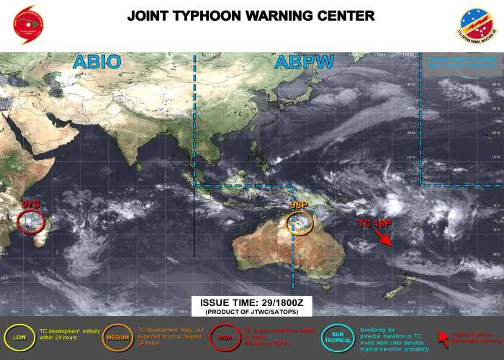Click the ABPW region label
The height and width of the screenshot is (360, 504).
click(x=305, y=62)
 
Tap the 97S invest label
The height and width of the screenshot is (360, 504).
click(x=31, y=205)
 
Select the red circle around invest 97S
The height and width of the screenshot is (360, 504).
click(x=31, y=219)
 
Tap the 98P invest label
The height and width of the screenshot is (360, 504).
click(x=300, y=205)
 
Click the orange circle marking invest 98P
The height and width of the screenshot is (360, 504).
click(x=300, y=222)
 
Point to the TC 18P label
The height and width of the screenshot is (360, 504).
click(x=374, y=224)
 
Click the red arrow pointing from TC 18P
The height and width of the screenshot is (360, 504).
click(x=383, y=238)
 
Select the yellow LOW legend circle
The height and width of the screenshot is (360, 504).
click(x=18, y=336)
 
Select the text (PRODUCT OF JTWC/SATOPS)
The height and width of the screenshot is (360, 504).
click(x=251, y=312)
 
